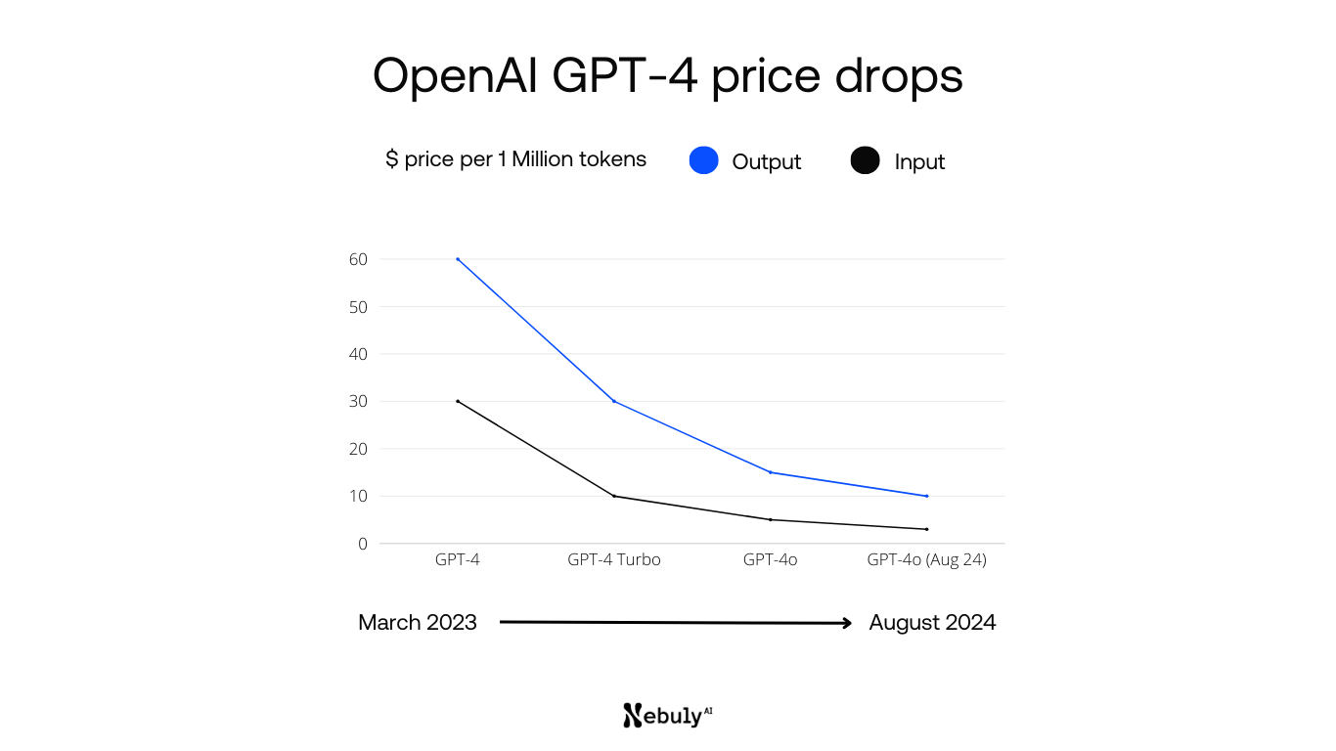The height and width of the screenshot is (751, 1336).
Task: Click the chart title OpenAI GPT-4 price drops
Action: point(668,76)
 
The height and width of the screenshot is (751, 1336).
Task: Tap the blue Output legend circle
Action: point(703,160)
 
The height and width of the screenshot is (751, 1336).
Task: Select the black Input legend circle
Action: point(865,160)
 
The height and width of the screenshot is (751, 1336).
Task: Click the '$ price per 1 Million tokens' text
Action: point(515,159)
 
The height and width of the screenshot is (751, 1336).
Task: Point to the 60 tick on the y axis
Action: point(357,259)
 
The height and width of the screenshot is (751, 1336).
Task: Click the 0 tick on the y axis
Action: point(362,544)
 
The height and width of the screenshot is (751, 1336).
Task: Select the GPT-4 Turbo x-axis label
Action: point(614,560)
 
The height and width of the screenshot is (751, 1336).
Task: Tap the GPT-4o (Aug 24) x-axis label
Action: point(926,560)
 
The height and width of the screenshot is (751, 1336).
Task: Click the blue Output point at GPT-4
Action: point(458,259)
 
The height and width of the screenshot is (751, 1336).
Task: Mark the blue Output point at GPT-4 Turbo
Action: point(614,401)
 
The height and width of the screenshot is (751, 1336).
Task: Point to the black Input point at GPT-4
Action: point(458,401)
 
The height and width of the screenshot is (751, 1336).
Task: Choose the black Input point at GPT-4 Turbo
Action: point(614,496)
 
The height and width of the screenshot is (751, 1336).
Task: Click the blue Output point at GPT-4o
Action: point(771,472)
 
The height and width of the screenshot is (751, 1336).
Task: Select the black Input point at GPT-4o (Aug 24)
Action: point(926,529)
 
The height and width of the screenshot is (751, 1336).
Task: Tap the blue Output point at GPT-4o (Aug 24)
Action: point(926,496)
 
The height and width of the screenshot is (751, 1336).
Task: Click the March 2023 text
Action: point(418,623)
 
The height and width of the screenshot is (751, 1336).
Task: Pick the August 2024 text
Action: point(932,623)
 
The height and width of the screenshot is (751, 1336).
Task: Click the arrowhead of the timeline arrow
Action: point(847,622)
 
